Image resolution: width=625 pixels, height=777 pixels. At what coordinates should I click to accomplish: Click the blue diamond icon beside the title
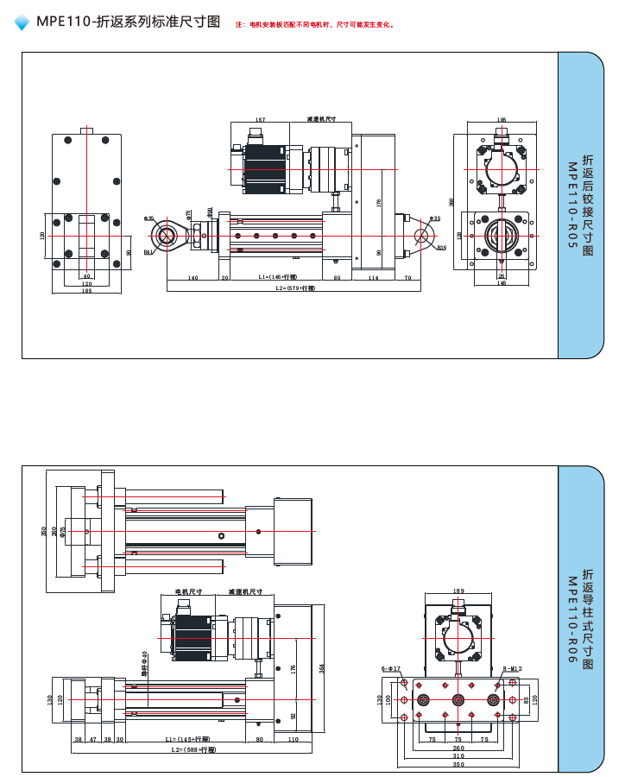tap(22, 23)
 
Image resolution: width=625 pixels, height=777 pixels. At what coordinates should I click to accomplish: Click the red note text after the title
tap(315, 24)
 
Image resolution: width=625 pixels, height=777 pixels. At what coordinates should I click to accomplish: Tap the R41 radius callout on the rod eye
tap(148, 252)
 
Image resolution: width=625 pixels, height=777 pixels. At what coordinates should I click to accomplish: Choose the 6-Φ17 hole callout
tap(391, 668)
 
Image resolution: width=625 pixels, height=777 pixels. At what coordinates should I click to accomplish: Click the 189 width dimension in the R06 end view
tap(458, 591)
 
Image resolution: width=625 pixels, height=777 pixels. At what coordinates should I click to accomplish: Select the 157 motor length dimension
tap(260, 120)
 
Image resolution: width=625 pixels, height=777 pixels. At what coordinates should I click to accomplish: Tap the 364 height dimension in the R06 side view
tap(322, 668)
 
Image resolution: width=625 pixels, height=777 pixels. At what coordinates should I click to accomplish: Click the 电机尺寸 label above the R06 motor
tap(188, 591)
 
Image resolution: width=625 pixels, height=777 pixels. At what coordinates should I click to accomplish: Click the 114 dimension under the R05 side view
tap(373, 278)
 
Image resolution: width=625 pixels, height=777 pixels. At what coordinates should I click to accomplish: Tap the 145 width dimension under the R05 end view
tap(502, 283)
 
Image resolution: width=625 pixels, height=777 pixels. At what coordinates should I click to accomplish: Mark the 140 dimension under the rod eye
tap(193, 278)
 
